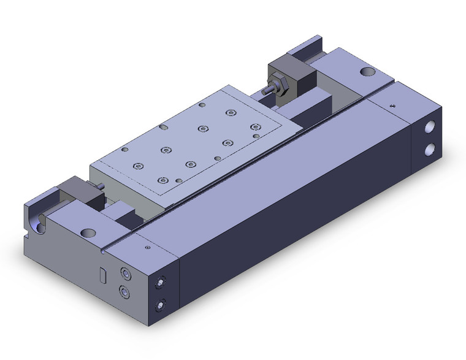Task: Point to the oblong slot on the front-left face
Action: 102,274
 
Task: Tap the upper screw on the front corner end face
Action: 161,282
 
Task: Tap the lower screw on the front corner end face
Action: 161,303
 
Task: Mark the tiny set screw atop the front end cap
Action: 147,247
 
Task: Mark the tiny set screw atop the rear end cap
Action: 393,105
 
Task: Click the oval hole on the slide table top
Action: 164,127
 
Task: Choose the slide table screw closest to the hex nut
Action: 231,112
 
